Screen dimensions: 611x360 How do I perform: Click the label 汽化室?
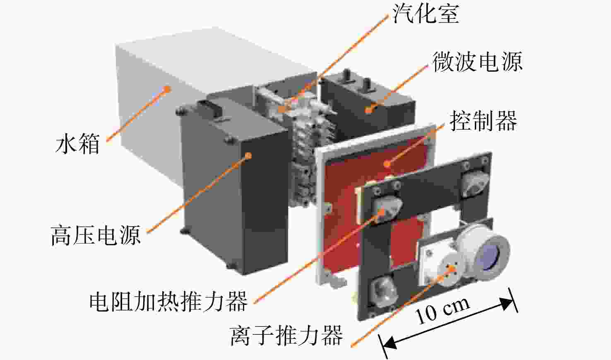pyautogui.click(x=426, y=14)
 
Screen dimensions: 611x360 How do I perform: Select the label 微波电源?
pyautogui.click(x=478, y=62)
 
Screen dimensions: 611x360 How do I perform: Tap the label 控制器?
pyautogui.click(x=484, y=121)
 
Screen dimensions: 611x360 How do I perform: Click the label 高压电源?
pyautogui.click(x=96, y=235)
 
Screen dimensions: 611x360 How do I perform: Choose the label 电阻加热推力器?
pyautogui.click(x=168, y=301)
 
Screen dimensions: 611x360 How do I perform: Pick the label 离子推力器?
pyautogui.click(x=286, y=336)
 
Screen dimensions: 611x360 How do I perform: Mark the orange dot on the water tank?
pyautogui.click(x=167, y=89)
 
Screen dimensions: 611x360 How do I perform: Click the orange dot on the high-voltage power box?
pyautogui.click(x=248, y=156)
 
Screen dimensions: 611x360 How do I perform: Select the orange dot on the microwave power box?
pyautogui.click(x=368, y=110)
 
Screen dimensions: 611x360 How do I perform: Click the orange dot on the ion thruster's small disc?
pyautogui.click(x=452, y=269)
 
